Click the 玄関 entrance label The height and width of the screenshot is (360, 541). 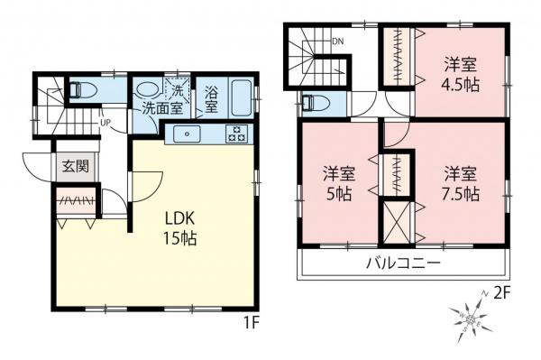pos(75,166)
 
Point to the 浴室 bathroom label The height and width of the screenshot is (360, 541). pos(210,99)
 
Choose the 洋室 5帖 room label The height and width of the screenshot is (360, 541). pos(339,182)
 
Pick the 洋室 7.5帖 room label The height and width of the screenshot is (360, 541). pos(460,182)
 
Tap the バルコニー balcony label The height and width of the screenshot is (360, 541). pos(402,264)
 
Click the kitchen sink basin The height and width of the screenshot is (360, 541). pos(189,135)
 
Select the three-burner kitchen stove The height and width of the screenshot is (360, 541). pos(238,135)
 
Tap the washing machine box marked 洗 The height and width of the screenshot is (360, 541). pos(179,90)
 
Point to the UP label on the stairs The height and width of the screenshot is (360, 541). pos(105,123)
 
